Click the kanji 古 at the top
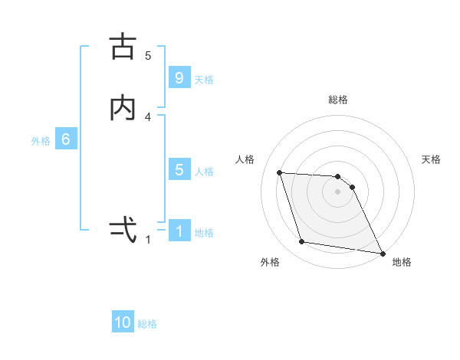tap(123, 47)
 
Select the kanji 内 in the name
tap(123, 109)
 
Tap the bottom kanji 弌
tap(123, 229)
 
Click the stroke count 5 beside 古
tap(148, 55)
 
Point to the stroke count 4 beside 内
tap(148, 116)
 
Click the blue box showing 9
tap(179, 78)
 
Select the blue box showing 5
tap(179, 170)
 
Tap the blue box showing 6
tap(66, 139)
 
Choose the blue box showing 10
tap(123, 322)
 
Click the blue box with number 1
tap(179, 231)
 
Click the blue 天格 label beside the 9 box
tap(204, 79)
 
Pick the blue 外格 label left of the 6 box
tap(41, 140)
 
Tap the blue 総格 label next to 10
tap(147, 324)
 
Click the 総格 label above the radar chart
tap(338, 100)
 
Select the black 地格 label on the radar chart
tap(402, 262)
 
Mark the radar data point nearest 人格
tap(280, 172)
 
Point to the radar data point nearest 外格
tap(302, 242)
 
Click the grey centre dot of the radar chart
tap(338, 191)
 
